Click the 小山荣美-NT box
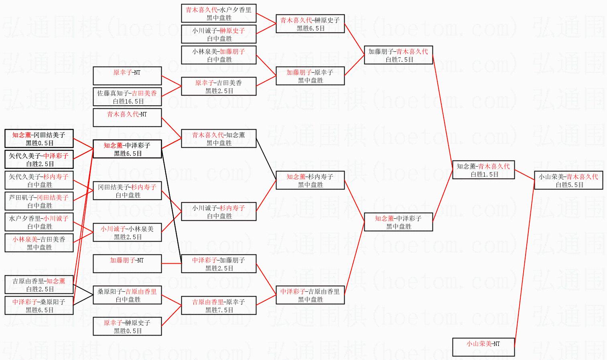483,347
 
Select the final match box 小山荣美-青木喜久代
568,180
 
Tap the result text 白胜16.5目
128,102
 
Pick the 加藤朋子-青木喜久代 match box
398,55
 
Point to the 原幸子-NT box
127,76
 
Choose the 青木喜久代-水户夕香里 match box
219,13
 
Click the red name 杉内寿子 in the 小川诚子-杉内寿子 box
232,208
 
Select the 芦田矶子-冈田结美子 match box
39,201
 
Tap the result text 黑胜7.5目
219,310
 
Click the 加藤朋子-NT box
127,264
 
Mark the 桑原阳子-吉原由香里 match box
127,295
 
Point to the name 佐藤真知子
114,93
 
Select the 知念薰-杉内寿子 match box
310,180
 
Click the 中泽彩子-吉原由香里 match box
310,295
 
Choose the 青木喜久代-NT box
127,118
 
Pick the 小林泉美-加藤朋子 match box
219,55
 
